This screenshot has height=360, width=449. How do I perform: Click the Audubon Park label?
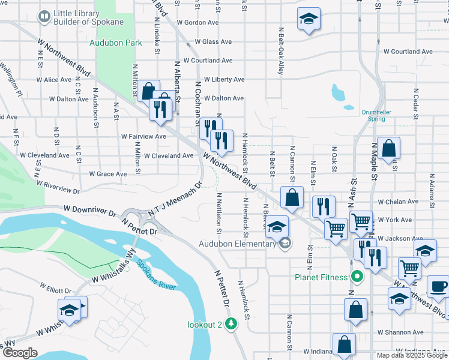[116, 43]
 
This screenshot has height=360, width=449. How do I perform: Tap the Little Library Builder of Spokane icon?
[44, 16]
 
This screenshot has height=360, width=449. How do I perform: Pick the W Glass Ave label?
[209, 42]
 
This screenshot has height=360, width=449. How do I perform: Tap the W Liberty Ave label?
[224, 79]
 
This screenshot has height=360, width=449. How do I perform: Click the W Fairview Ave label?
[143, 137]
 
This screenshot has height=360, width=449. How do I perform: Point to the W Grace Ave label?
[108, 174]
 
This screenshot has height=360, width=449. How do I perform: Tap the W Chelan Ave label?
[398, 202]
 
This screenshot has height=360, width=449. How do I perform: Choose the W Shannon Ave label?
[400, 332]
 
